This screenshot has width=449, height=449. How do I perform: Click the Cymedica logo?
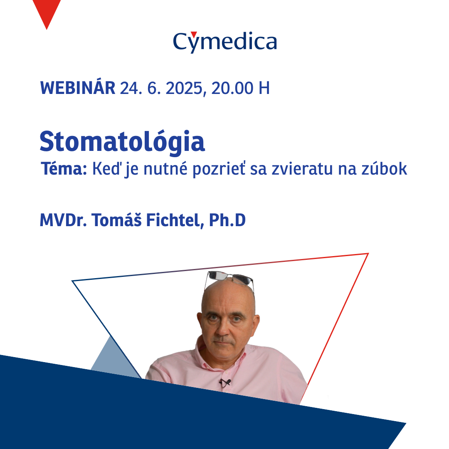tap(225, 42)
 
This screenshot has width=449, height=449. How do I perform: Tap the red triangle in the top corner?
tap(47, 12)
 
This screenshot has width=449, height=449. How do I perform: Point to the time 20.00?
tap(232, 88)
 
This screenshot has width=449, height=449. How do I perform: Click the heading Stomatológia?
tap(122, 142)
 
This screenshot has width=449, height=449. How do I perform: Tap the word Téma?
tap(64, 168)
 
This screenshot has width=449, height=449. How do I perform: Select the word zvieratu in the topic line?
tap(302, 169)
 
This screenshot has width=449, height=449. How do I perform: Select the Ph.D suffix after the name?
tap(227, 220)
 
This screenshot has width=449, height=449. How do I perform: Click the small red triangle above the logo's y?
tap(194, 34)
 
